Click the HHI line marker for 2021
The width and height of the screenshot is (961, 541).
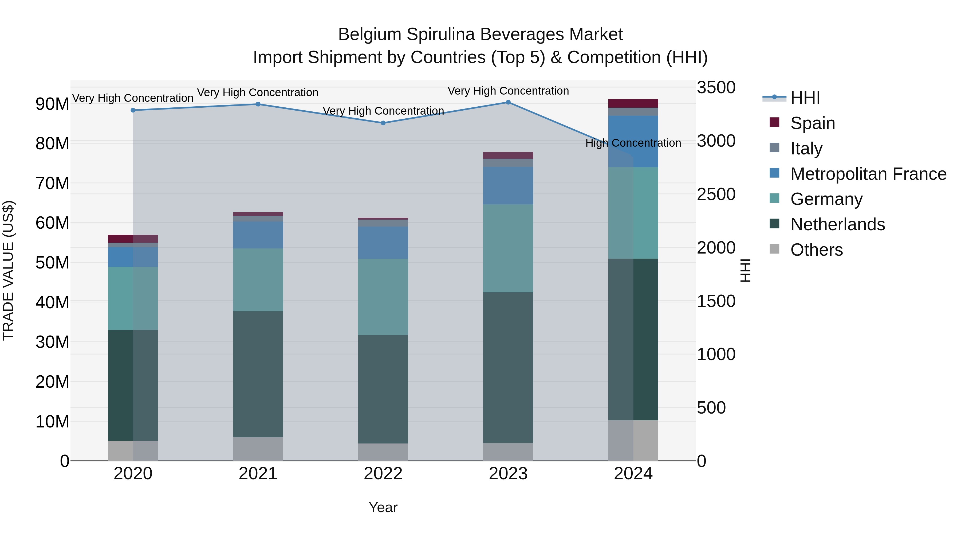pyautogui.click(x=258, y=104)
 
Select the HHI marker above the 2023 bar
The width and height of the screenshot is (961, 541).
pyautogui.click(x=508, y=102)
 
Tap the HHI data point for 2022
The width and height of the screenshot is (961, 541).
pyautogui.click(x=383, y=123)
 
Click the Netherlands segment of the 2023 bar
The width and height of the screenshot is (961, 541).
pyautogui.click(x=508, y=368)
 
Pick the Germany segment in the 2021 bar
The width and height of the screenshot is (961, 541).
pyautogui.click(x=258, y=280)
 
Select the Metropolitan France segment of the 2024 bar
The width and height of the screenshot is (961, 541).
pyautogui.click(x=633, y=142)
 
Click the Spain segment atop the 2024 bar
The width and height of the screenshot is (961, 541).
pyautogui.click(x=633, y=103)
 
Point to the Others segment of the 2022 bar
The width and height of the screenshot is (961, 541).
pyautogui.click(x=383, y=452)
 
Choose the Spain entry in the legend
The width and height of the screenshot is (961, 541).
pyautogui.click(x=813, y=123)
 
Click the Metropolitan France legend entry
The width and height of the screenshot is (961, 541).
pyautogui.click(x=868, y=174)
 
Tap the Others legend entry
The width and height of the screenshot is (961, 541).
pyautogui.click(x=816, y=250)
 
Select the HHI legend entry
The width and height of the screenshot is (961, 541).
pyautogui.click(x=805, y=98)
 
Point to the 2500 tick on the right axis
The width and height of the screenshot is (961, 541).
pyautogui.click(x=716, y=194)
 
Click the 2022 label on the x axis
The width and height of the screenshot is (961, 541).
pyautogui.click(x=383, y=474)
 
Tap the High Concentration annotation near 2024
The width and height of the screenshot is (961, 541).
pyautogui.click(x=633, y=143)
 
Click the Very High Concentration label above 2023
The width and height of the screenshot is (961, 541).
pyautogui.click(x=508, y=91)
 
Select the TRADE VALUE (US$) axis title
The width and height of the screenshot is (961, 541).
pyautogui.click(x=8, y=270)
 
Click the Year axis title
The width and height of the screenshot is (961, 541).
pyautogui.click(x=383, y=507)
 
